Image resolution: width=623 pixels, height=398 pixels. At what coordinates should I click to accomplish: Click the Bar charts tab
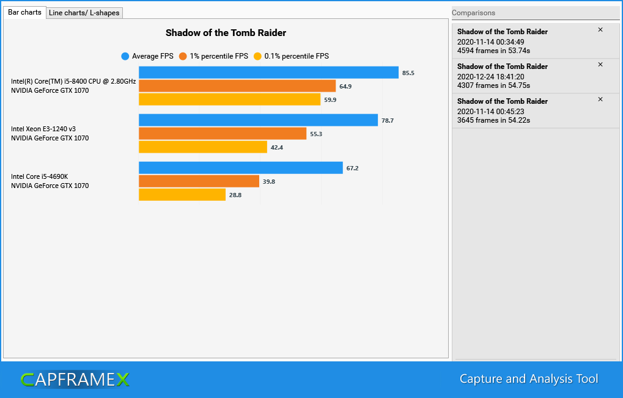[x=24, y=12]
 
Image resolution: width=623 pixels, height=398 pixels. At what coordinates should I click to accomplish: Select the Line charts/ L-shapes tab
[x=84, y=13]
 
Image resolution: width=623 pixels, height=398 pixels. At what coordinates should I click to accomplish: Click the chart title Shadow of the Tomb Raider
[x=226, y=33]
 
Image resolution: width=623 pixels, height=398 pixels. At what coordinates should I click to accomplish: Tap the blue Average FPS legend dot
[x=125, y=56]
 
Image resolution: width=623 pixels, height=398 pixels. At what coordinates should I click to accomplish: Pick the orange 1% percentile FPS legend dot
[x=183, y=56]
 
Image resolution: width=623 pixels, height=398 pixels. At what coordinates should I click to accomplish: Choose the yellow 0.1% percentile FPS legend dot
[x=257, y=56]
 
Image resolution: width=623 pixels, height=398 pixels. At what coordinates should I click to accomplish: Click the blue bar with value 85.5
[x=268, y=73]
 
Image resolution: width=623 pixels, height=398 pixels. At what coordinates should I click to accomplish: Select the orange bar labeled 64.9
[x=237, y=86]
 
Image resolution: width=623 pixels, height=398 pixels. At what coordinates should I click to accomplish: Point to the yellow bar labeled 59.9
[x=229, y=99]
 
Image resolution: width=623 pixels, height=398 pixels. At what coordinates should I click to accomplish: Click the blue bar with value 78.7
[x=258, y=120]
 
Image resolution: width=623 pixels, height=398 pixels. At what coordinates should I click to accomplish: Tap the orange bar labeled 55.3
[x=223, y=134]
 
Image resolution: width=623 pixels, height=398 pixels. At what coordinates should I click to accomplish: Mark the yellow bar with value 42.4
[x=203, y=147]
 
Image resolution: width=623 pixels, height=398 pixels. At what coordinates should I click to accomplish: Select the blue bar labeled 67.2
[x=240, y=168]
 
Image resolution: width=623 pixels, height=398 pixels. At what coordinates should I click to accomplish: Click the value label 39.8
[x=269, y=181]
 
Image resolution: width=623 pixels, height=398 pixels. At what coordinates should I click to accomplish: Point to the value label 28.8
[x=235, y=195]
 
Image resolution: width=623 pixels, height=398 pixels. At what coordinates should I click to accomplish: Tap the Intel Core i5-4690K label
[x=39, y=176]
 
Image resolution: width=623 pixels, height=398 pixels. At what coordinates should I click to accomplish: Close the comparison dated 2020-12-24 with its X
[x=600, y=65]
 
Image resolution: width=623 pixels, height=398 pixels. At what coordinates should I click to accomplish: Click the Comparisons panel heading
[x=473, y=13]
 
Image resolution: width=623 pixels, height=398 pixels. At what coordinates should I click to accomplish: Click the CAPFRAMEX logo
[x=75, y=380]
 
